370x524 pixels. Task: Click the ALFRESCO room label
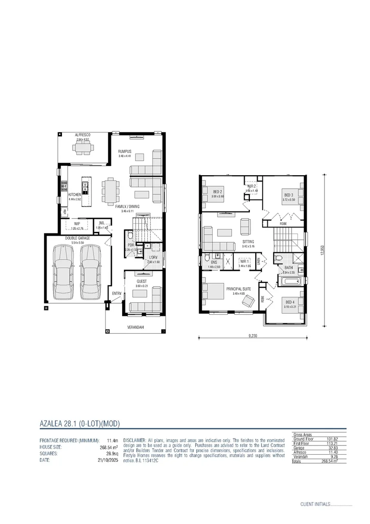[x=83, y=135]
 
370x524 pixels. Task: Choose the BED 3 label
[x=289, y=195]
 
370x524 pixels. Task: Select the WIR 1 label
[x=244, y=262]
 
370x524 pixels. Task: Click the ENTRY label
[x=116, y=294]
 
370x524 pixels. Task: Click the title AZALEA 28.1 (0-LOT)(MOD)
[x=79, y=423]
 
